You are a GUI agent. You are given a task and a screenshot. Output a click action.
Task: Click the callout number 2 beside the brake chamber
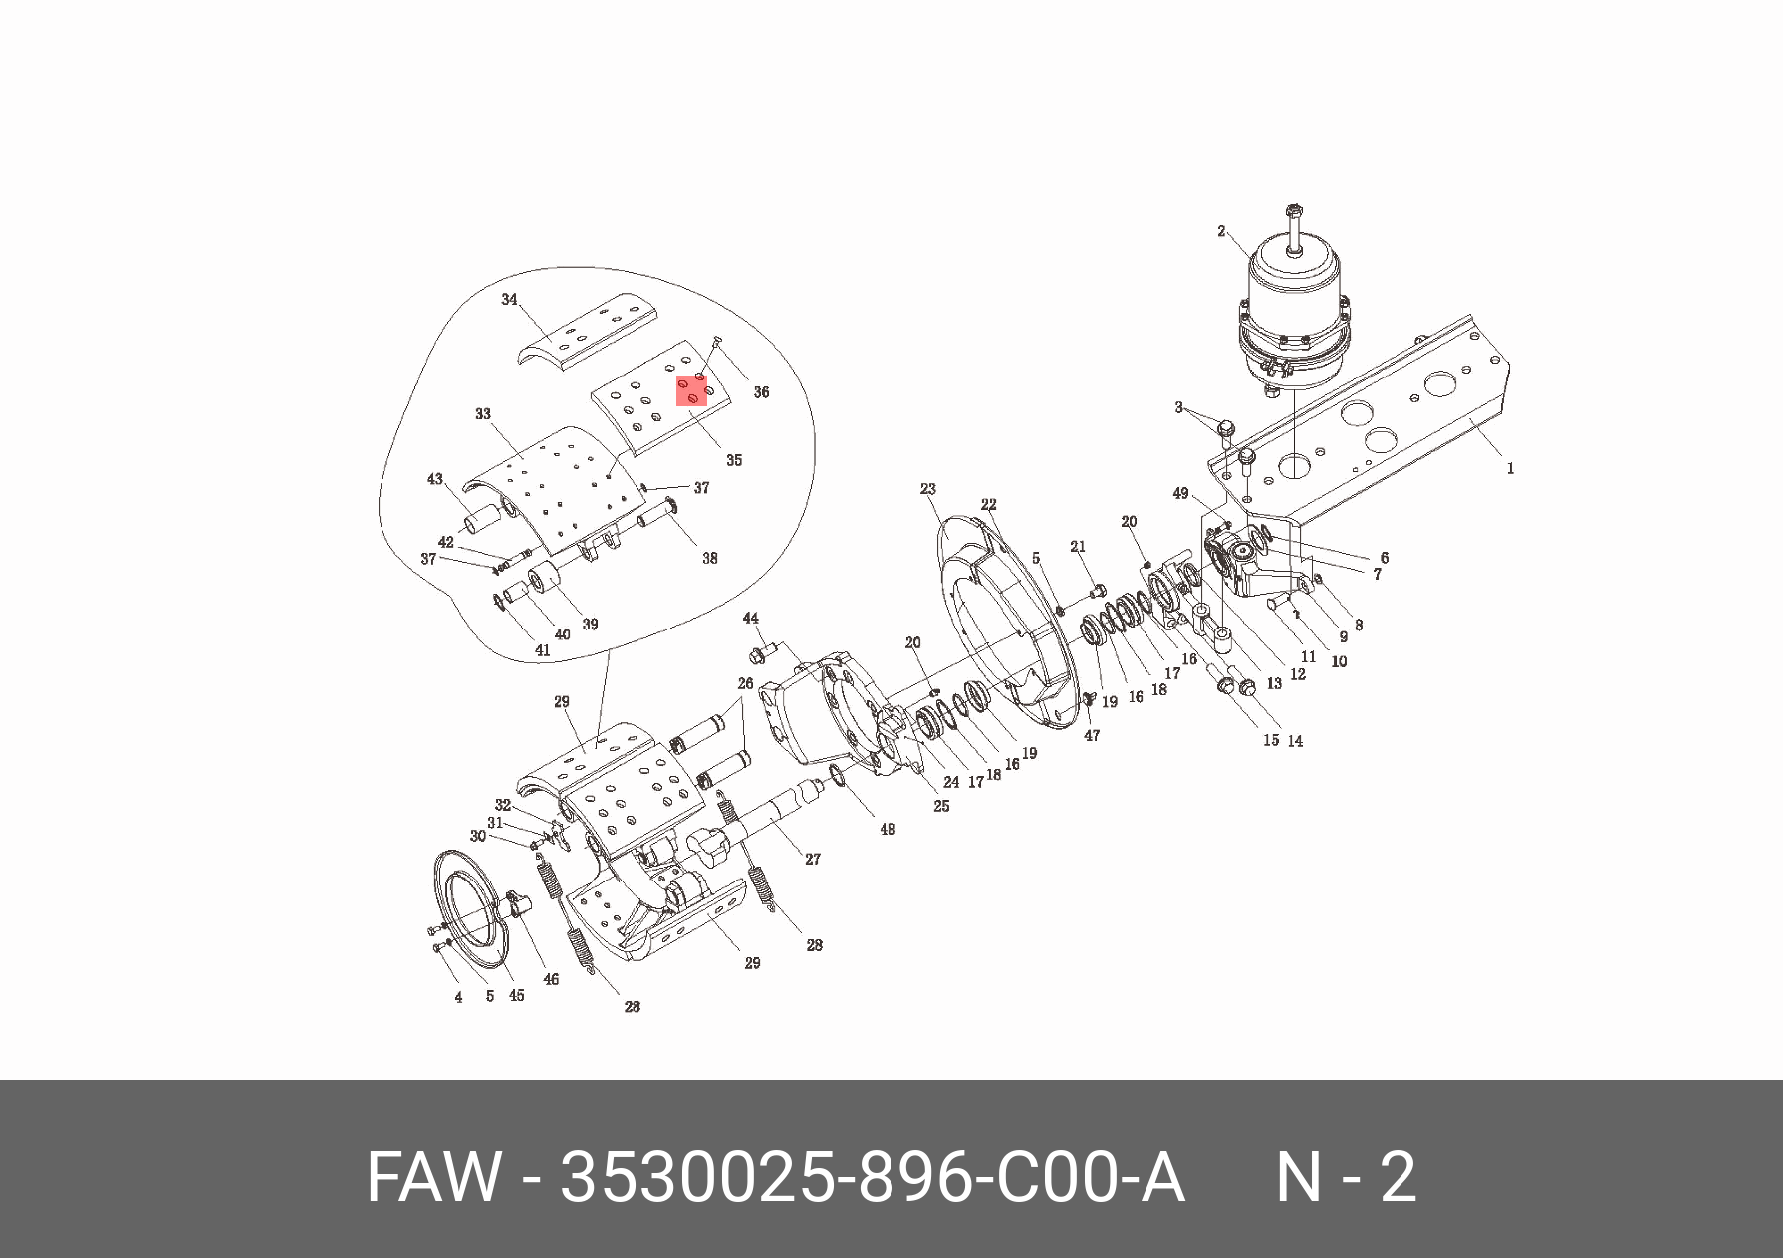click(x=1221, y=231)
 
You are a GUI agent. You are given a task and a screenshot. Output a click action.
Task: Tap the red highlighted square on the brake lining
click(x=692, y=390)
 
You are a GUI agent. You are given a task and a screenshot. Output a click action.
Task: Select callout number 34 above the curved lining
click(x=509, y=300)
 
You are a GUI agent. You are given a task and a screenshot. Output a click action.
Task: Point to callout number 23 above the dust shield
click(x=928, y=489)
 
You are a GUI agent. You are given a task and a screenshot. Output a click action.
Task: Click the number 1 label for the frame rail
click(x=1510, y=468)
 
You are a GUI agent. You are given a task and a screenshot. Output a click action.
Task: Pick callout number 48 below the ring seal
click(x=887, y=829)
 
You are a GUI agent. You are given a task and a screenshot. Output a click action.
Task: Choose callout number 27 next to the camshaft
click(x=813, y=859)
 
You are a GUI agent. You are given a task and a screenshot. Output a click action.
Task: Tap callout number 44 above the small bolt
click(x=751, y=620)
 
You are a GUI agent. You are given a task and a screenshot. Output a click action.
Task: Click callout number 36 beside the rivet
click(x=761, y=392)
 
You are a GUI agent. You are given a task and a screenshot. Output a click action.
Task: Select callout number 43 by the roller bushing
click(x=435, y=479)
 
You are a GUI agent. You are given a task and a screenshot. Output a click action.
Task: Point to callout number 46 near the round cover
click(x=551, y=979)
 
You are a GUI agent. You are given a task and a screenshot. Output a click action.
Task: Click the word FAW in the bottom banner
click(x=432, y=1177)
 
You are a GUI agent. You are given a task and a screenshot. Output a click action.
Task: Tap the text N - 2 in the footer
click(x=1346, y=1177)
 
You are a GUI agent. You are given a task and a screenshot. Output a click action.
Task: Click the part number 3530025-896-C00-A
click(x=873, y=1177)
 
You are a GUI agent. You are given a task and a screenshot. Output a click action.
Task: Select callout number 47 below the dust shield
click(x=1092, y=736)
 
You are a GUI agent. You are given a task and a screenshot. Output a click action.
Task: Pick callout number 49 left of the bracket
click(x=1180, y=494)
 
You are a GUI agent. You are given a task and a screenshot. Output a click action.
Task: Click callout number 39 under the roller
click(x=590, y=625)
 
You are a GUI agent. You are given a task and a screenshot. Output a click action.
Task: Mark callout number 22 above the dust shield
click(x=988, y=504)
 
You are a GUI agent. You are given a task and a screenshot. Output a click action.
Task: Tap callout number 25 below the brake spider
click(x=941, y=806)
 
